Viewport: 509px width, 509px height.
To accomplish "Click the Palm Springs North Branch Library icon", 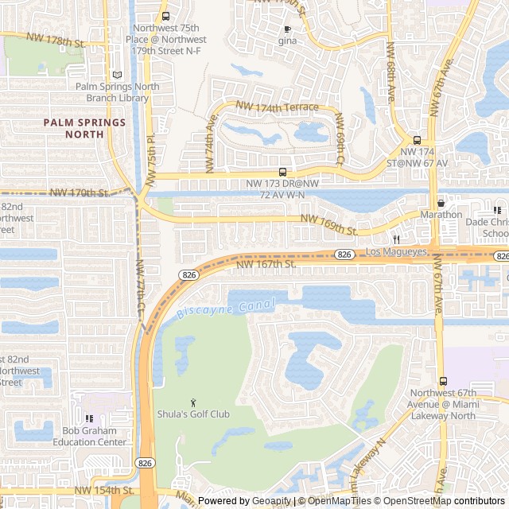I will pos(118,74).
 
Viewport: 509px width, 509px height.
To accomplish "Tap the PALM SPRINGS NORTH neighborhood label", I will pos(84,128).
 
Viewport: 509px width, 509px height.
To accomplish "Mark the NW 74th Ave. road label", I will pos(212,131).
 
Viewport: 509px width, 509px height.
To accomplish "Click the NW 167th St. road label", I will pos(265,263).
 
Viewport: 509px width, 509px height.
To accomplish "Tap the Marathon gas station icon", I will pos(441,203).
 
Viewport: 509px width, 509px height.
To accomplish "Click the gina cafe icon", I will pos(286,29).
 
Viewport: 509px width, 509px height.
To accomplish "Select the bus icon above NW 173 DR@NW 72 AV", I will pos(282,172).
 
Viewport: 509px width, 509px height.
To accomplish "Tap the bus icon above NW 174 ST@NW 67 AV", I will pos(418,139).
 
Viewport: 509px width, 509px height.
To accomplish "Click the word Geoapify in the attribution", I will pos(273,501).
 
